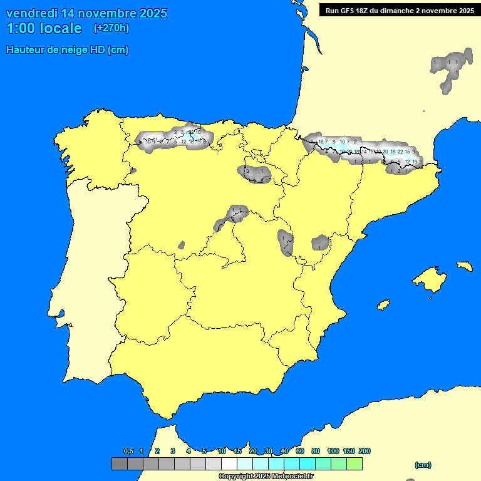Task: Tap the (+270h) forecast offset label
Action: (111, 28)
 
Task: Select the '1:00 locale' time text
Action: (44, 28)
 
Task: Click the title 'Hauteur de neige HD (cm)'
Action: (67, 50)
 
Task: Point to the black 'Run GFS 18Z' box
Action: (399, 10)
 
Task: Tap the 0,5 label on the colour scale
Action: (128, 451)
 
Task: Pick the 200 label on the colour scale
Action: (365, 451)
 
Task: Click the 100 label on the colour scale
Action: (333, 451)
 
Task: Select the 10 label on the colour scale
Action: (222, 451)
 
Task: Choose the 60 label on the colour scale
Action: (300, 451)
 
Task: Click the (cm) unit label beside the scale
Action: (423, 465)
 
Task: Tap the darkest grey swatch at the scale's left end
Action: (119, 464)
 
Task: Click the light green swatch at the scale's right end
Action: (354, 464)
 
